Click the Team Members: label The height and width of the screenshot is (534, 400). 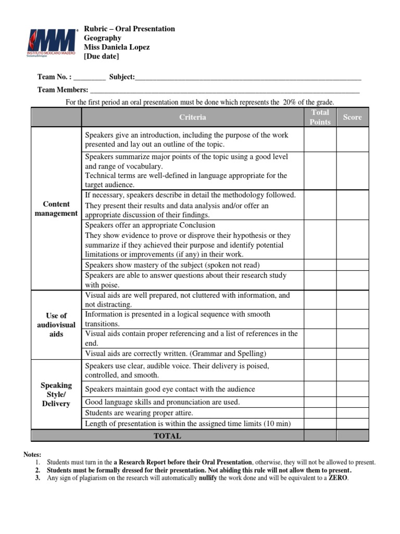tap(63, 90)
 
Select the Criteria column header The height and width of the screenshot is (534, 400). tap(192, 117)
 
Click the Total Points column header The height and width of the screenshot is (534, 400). tap(320, 117)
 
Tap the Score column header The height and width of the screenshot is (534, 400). tap(352, 117)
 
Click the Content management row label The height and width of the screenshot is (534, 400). tap(56, 209)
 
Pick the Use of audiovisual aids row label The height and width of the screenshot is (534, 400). tap(56, 324)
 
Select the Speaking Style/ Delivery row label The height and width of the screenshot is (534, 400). tap(56, 394)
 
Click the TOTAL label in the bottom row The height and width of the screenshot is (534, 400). tap(167, 436)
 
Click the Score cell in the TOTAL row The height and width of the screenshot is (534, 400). tap(352, 436)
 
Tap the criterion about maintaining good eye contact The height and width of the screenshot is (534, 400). tap(170, 389)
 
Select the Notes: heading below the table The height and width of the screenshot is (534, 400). tap(32, 455)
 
